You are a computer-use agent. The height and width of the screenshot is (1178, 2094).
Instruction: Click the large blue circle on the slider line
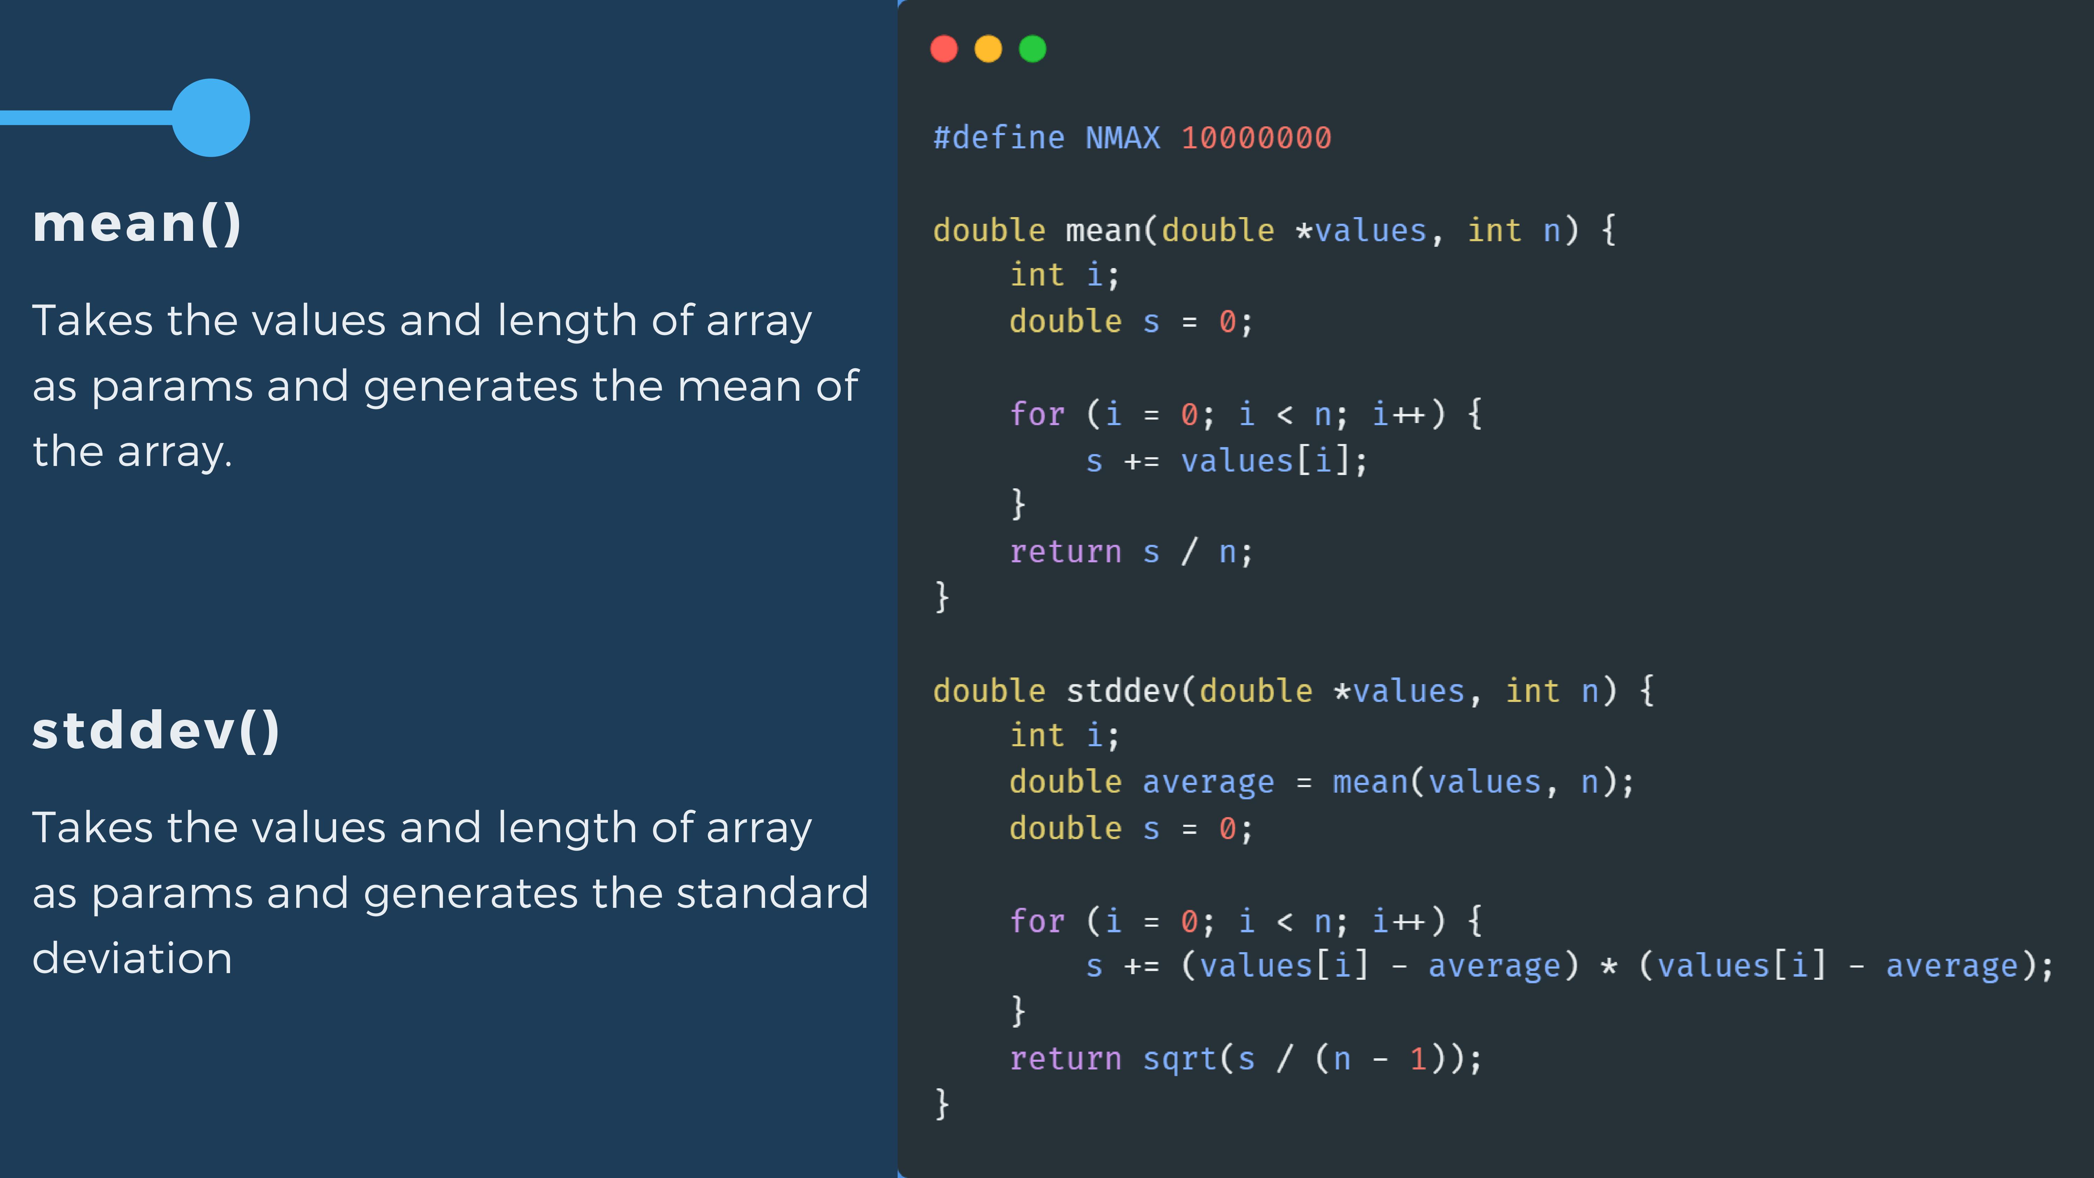point(210,118)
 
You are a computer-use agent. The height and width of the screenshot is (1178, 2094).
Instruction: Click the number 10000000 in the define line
point(1256,138)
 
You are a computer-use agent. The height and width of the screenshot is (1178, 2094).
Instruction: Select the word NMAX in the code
point(1123,138)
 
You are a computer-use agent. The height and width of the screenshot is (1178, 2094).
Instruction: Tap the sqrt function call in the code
point(1179,1059)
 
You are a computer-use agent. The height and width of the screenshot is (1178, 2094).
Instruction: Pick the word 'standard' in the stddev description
point(772,892)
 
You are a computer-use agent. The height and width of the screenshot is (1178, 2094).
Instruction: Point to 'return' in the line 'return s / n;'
point(1065,552)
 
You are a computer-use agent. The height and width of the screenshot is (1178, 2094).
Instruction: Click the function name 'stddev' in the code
point(1122,691)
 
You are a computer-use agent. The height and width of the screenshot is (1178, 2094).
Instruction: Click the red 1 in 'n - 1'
point(1418,1059)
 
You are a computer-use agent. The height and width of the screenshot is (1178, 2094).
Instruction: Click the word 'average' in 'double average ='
point(1208,782)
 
